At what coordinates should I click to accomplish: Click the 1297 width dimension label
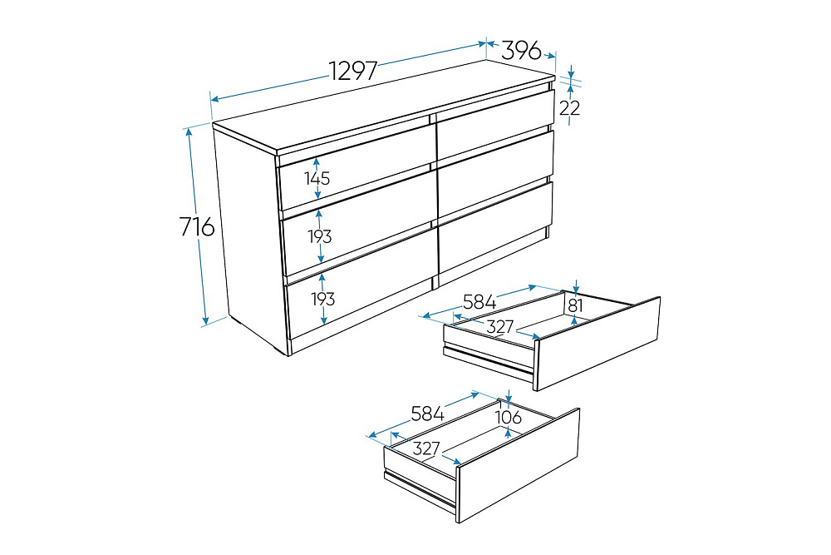353,71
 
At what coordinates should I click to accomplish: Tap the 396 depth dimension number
522,51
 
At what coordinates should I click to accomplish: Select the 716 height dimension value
197,226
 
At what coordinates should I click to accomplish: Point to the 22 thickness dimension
570,107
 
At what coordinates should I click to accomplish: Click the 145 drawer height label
317,178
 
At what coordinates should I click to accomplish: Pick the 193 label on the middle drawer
320,236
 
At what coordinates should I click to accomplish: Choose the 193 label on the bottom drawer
322,299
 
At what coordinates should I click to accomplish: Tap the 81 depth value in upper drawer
575,305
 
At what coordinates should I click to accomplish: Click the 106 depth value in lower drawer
509,417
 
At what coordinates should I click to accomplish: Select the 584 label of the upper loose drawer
479,302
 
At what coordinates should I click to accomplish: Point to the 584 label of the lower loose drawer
428,414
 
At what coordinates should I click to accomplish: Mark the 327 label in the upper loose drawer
500,326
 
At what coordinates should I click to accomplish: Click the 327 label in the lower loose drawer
426,448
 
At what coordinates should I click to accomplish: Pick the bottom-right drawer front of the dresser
495,227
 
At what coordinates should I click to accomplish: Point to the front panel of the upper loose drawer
598,344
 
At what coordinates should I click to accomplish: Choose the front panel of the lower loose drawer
518,465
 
